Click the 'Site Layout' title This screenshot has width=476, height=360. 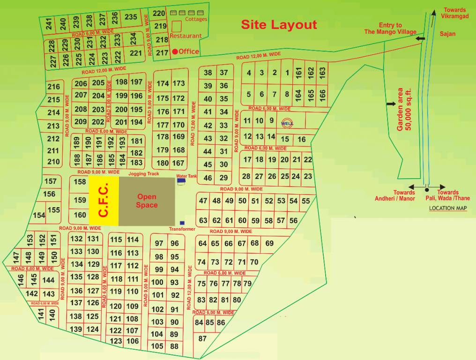[279, 24]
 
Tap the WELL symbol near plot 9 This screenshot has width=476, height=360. [286, 123]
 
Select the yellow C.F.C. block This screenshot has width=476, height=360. [104, 201]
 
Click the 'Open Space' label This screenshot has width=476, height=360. [147, 201]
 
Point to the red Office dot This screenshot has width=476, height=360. [175, 52]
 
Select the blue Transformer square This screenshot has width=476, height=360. [182, 223]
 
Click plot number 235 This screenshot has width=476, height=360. [131, 17]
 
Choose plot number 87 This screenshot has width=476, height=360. [202, 338]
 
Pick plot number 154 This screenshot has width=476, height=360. [39, 215]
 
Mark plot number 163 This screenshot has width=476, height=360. [322, 72]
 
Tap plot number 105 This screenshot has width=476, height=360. [157, 346]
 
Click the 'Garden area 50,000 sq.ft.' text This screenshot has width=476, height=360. [404, 109]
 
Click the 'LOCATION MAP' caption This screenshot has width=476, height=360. [448, 208]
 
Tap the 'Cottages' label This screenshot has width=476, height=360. [196, 19]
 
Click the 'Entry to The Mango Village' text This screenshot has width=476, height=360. [390, 29]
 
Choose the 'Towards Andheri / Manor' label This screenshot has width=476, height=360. [394, 195]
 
